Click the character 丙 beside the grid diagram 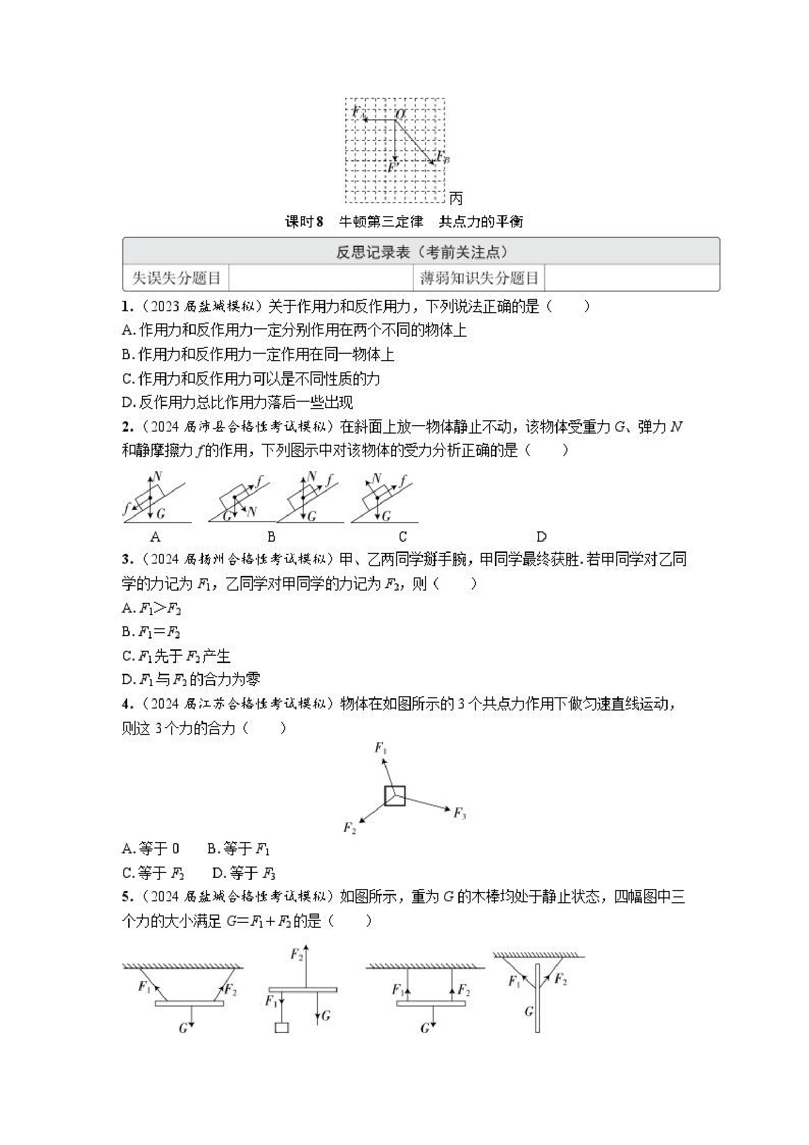click(x=455, y=199)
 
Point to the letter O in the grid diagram click(x=401, y=114)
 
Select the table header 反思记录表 click(x=372, y=253)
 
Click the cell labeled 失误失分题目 click(x=176, y=278)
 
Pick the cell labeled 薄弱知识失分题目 click(x=478, y=278)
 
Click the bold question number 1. click(x=127, y=306)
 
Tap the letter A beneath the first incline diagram click(x=155, y=537)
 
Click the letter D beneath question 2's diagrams click(x=541, y=537)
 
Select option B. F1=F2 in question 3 click(x=151, y=632)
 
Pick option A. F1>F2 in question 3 click(x=151, y=608)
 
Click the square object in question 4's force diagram click(x=395, y=796)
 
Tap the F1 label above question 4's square click(x=381, y=748)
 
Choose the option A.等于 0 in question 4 click(x=151, y=848)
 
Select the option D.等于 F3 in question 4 click(x=244, y=873)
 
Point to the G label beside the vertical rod click(x=529, y=1011)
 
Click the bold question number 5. click(x=127, y=896)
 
